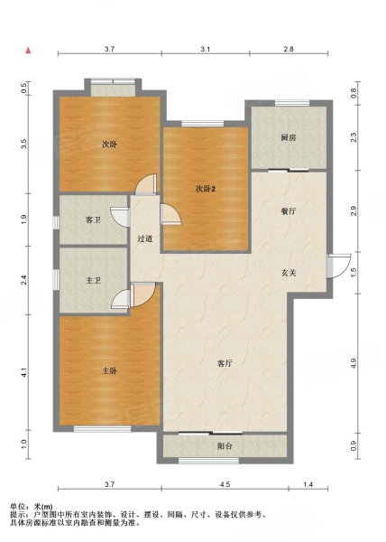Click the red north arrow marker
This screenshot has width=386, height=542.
click(28, 51)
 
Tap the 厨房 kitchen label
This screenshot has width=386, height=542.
click(289, 137)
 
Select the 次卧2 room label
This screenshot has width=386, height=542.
click(206, 189)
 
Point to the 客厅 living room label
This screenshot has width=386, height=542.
click(225, 363)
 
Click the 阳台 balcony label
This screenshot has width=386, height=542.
click(225, 446)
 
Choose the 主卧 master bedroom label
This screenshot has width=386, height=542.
click(109, 371)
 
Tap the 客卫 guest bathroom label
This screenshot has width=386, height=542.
click(93, 220)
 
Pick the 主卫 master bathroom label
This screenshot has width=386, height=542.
click(93, 280)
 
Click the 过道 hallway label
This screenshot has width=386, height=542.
click(145, 238)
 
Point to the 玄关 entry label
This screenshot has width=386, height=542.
click(289, 273)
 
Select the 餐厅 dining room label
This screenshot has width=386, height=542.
click(289, 211)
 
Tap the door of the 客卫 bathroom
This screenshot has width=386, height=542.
click(120, 217)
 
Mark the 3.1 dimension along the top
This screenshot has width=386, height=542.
click(206, 49)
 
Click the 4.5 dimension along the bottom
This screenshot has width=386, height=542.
click(225, 484)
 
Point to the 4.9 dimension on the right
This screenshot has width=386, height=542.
click(354, 362)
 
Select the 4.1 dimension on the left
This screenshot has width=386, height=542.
click(23, 372)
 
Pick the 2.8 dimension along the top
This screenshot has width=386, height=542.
click(289, 49)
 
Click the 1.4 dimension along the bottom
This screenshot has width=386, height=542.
click(308, 484)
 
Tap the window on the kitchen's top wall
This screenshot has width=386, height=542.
click(292, 103)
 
